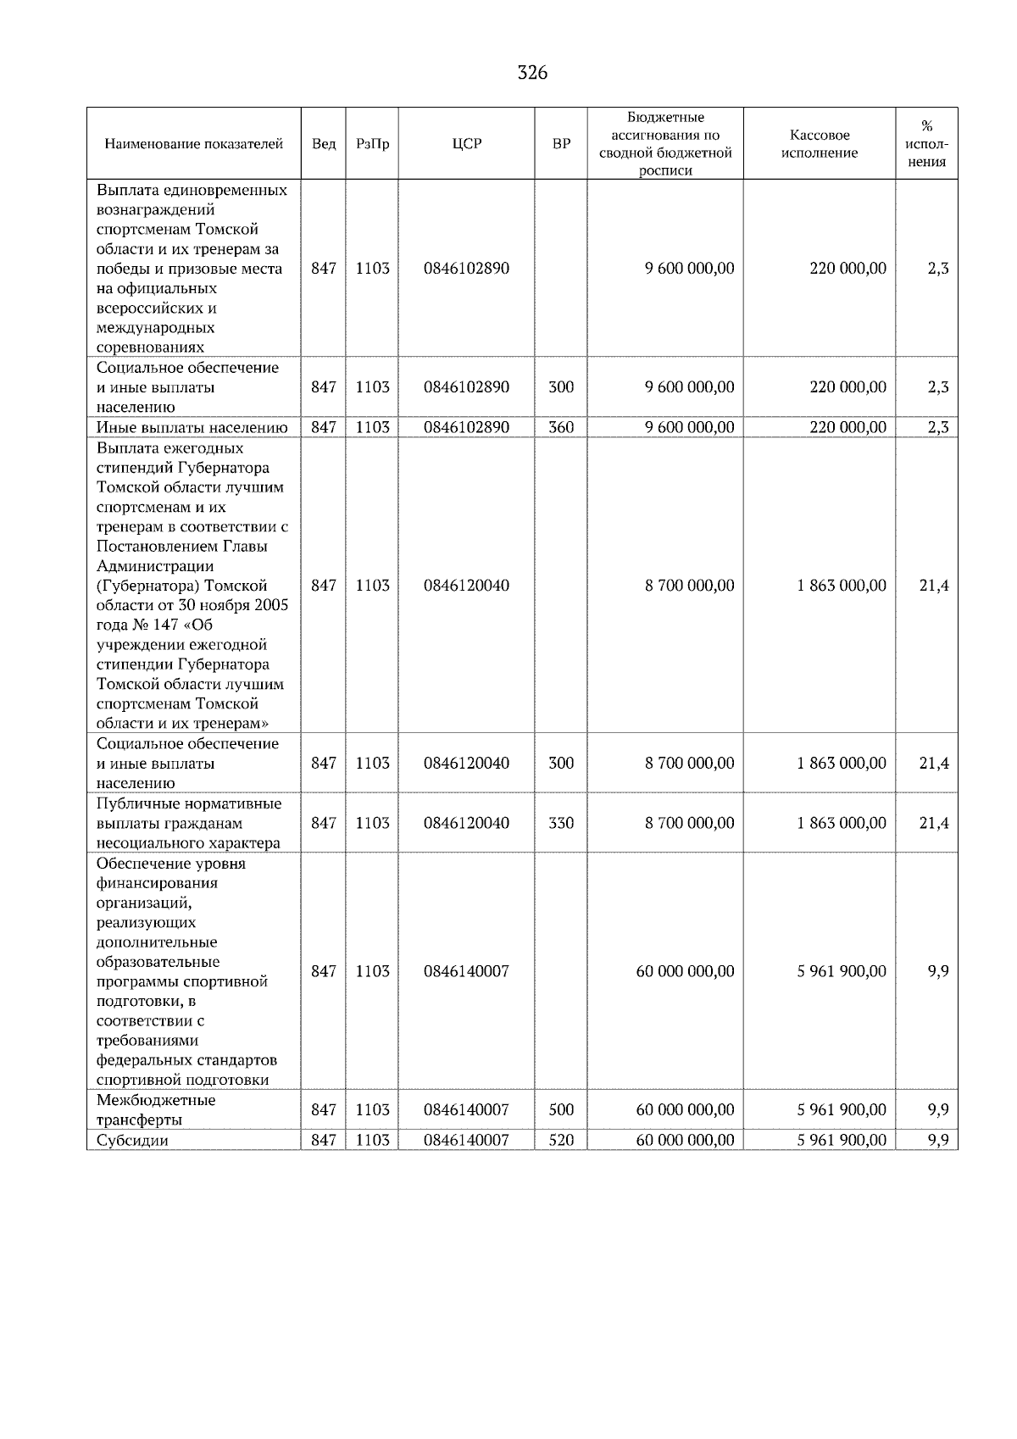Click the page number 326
[532, 73]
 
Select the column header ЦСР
[467, 144]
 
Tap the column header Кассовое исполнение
[820, 144]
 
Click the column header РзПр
[372, 144]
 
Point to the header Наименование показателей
[193, 144]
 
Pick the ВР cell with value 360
[561, 427]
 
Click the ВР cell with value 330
[561, 823]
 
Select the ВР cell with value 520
[561, 1141]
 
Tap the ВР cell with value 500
[561, 1110]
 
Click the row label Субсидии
[132, 1141]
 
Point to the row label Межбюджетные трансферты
[156, 1110]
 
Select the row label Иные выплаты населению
[192, 427]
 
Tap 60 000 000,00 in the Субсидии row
[685, 1141]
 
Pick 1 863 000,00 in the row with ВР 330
[841, 823]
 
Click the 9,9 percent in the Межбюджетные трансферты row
[937, 1110]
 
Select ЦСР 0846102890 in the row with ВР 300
[467, 387]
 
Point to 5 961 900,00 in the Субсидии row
[841, 1141]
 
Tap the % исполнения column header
[926, 144]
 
